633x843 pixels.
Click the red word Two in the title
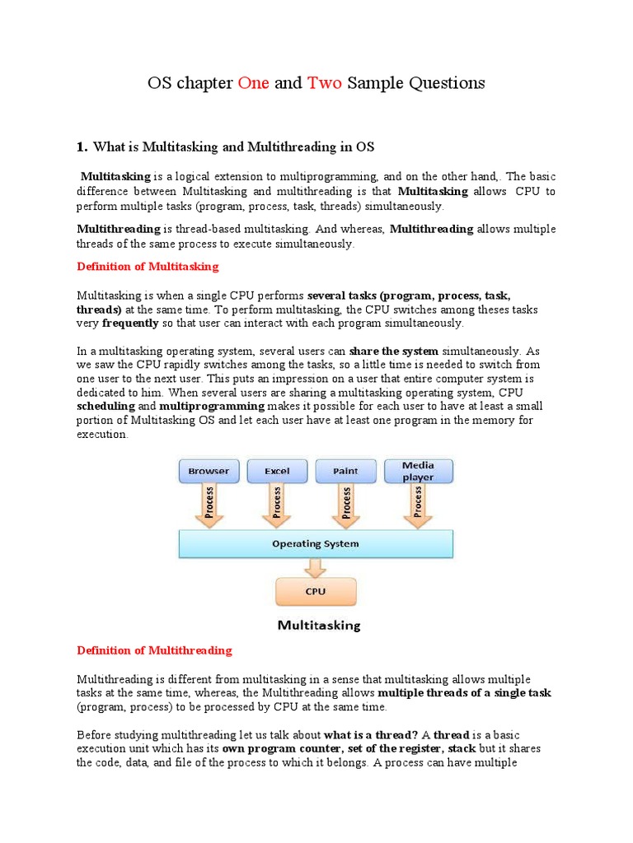click(x=325, y=83)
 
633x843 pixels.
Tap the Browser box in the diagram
click(x=209, y=471)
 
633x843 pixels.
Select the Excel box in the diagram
click(x=277, y=471)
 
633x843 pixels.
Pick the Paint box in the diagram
click(x=345, y=471)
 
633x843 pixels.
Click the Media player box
click(x=418, y=471)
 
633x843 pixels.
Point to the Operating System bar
click(x=316, y=543)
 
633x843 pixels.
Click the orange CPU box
click(x=316, y=590)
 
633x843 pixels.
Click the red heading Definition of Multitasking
click(x=148, y=266)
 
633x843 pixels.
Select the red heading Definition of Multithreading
click(x=154, y=650)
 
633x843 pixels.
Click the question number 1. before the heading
click(x=82, y=147)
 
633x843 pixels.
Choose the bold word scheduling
click(x=105, y=407)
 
